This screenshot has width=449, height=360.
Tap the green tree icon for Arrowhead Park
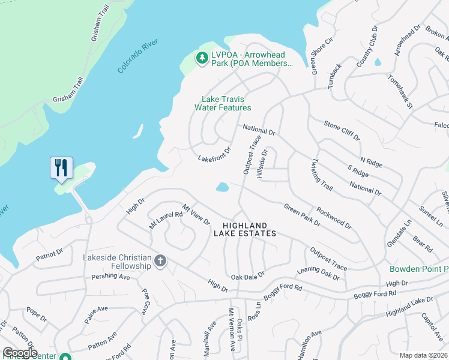point(201,58)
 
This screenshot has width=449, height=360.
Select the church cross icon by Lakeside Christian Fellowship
point(160,261)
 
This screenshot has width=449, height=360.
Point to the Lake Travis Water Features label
point(223,103)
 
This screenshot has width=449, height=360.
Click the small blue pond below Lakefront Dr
point(222,187)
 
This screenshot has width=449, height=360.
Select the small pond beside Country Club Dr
point(378,62)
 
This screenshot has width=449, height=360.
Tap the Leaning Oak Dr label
point(319,274)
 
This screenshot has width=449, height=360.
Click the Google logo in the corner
point(19,353)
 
